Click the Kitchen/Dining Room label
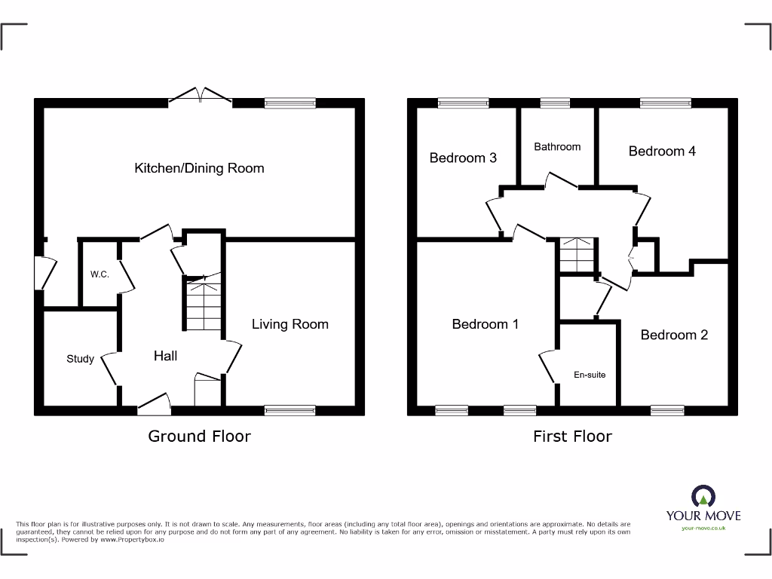tap(199, 167)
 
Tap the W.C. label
tap(100, 274)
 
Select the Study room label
tap(80, 359)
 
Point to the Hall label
tap(165, 355)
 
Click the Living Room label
tap(289, 324)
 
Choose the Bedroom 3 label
tap(462, 158)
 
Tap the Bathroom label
tap(557, 147)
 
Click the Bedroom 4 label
tap(662, 151)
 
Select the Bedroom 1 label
tap(485, 324)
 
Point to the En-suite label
tap(590, 375)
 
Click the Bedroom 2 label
tap(674, 335)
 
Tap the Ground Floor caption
tap(199, 436)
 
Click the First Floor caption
tap(572, 436)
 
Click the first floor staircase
tap(576, 255)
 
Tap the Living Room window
tap(289, 410)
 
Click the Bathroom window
tap(555, 103)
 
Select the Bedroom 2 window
tap(666, 410)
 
